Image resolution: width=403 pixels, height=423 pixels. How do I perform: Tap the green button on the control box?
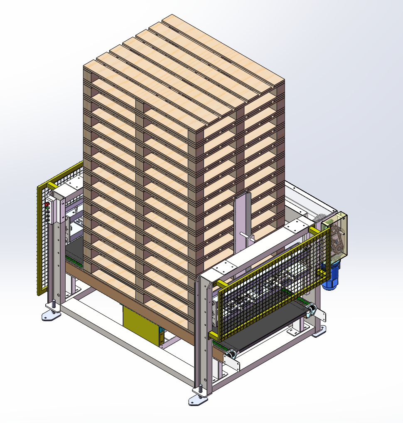(x=47, y=210)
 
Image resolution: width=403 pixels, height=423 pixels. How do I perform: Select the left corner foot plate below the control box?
(x=51, y=314)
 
